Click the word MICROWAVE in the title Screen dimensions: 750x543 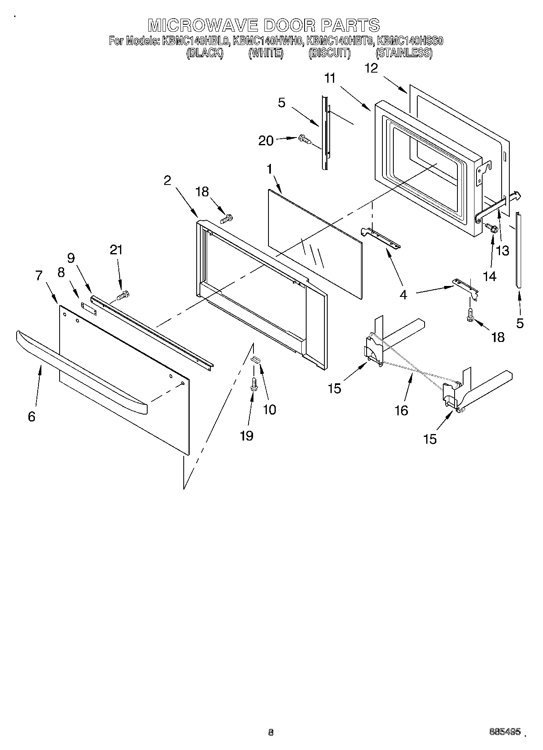pyautogui.click(x=203, y=25)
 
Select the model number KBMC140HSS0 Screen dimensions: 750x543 pyautogui.click(x=410, y=41)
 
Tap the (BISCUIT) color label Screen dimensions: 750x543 pyautogui.click(x=329, y=53)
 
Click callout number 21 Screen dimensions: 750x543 pyautogui.click(x=116, y=250)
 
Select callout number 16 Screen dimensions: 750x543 pyautogui.click(x=401, y=410)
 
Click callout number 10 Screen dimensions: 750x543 pyautogui.click(x=269, y=409)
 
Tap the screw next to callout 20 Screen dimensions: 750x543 pyautogui.click(x=304, y=140)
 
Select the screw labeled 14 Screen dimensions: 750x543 pyautogui.click(x=492, y=228)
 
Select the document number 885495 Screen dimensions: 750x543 pyautogui.click(x=505, y=731)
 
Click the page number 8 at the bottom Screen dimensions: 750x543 pyautogui.click(x=271, y=732)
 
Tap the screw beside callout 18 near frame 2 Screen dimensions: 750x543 pyautogui.click(x=225, y=219)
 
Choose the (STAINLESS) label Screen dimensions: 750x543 pyautogui.click(x=403, y=53)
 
